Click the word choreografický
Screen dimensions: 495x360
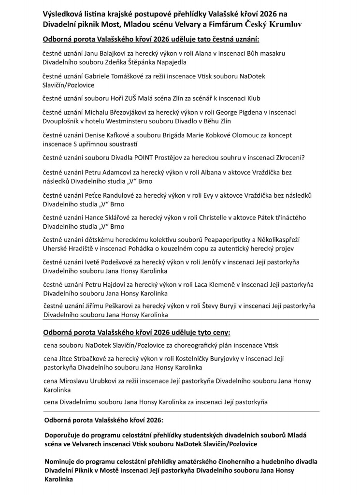coord(193,345)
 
